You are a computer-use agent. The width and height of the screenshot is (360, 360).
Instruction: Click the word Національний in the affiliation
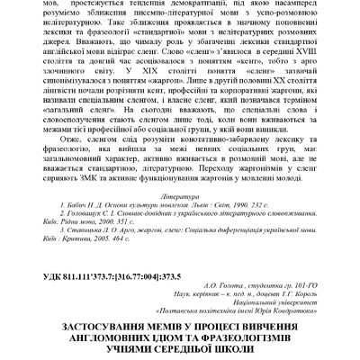[x=270, y=308]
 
